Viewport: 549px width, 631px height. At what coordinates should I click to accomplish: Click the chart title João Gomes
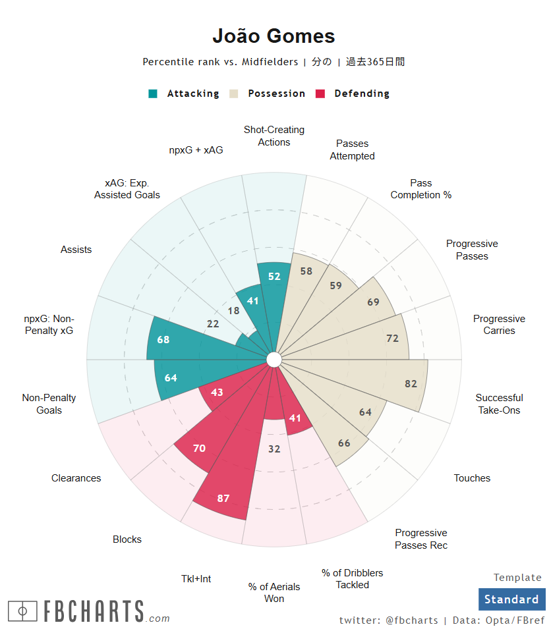(x=274, y=36)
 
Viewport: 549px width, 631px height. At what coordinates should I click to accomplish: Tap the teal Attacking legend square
(x=153, y=94)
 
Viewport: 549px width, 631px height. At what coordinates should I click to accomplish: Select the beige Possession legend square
(x=234, y=94)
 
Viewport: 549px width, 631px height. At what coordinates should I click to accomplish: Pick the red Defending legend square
(x=321, y=94)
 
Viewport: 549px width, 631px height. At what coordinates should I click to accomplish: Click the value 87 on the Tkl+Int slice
(x=223, y=498)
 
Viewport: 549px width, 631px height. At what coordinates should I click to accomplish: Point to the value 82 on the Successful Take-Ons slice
(x=411, y=384)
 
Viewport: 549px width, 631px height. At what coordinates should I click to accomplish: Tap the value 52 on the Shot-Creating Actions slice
(x=275, y=277)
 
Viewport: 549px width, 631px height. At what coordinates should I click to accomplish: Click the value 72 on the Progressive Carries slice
(x=393, y=339)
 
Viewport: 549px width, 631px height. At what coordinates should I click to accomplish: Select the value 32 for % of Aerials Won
(x=275, y=449)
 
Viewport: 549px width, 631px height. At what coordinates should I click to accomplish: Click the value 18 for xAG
(x=233, y=311)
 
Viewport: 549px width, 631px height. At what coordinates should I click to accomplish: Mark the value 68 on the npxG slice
(x=163, y=340)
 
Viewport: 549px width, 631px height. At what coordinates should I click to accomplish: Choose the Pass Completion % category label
(x=420, y=189)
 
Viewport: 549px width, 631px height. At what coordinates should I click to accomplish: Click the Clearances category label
(x=76, y=478)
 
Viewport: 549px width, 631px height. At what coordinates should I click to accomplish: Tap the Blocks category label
(x=127, y=539)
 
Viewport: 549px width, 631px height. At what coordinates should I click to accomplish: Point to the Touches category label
(x=472, y=478)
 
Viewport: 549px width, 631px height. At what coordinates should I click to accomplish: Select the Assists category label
(x=76, y=250)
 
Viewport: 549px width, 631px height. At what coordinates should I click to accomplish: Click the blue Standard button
(x=511, y=599)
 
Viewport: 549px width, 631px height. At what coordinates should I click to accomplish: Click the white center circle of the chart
(x=274, y=359)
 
